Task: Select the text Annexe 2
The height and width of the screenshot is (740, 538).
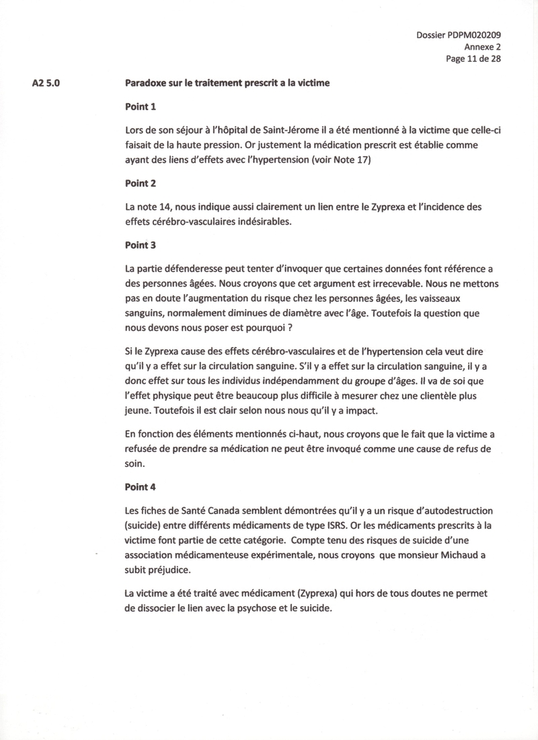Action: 482,47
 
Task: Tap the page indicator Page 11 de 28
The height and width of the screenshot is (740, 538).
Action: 473,59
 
